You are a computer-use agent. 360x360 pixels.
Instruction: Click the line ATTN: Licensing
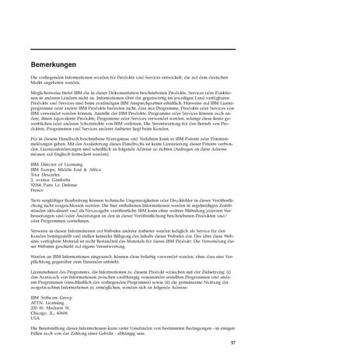(x=44, y=302)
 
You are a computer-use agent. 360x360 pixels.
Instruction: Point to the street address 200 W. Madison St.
(x=49, y=307)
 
